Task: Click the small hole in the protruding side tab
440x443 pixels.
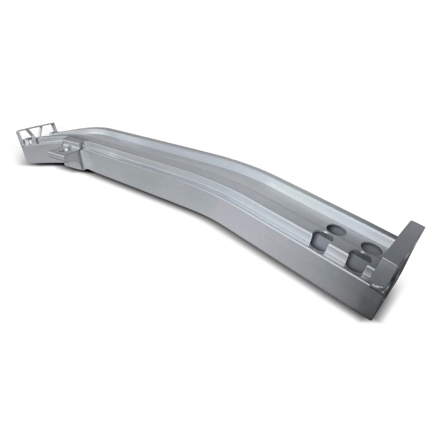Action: (x=65, y=149)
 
